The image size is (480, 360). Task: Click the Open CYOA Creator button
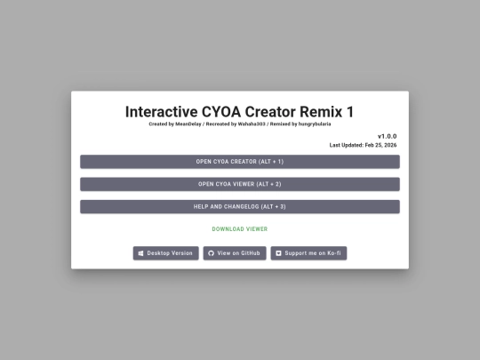240,162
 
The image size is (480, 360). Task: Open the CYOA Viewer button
240,184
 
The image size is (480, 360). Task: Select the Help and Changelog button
240,206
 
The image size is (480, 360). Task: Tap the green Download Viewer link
240,229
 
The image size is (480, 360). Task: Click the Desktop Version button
165,253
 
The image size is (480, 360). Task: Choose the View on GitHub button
235,253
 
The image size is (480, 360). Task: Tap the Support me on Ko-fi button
308,253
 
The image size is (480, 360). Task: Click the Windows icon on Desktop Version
141,253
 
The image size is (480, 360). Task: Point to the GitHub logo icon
211,253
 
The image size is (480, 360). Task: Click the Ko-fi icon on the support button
278,253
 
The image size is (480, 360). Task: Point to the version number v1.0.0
387,136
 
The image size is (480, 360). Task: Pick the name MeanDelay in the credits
188,124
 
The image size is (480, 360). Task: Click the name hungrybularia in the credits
311,124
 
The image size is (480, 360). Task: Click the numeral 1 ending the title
349,112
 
